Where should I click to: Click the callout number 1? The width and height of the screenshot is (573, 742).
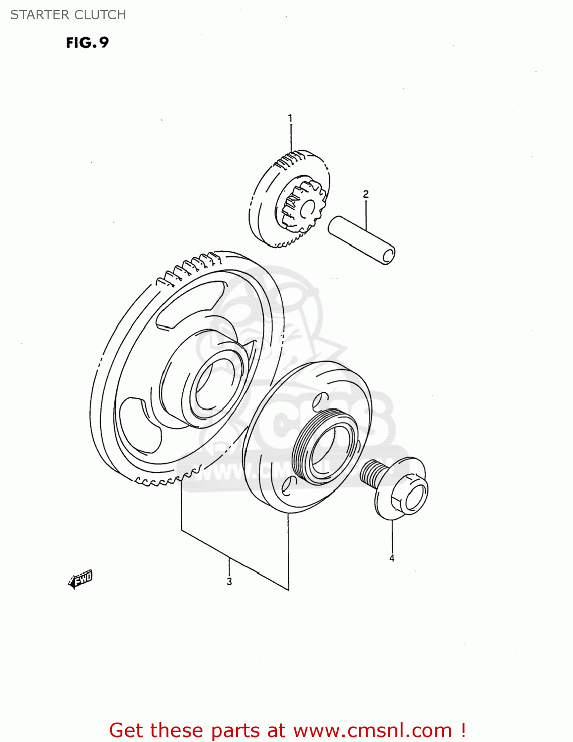pos(290,119)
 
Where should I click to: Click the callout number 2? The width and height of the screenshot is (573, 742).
pos(365,194)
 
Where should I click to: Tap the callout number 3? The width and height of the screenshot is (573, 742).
pos(229,582)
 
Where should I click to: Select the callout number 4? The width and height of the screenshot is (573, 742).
pos(392,558)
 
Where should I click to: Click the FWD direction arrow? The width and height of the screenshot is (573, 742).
pos(80,579)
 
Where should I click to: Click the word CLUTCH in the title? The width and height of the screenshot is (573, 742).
pos(104,15)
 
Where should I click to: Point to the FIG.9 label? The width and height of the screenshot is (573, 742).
pos(87,43)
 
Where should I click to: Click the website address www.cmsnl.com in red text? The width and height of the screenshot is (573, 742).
pos(372,731)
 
